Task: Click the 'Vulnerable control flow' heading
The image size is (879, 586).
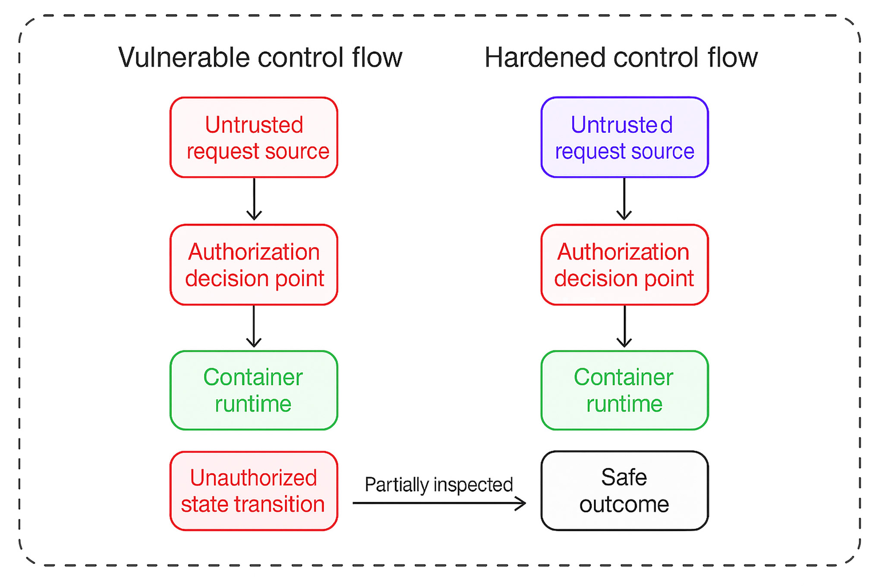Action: [260, 57]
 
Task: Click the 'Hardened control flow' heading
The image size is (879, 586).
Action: [621, 57]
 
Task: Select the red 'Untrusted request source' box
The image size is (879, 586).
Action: [254, 137]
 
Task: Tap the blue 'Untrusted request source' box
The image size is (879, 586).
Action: [624, 137]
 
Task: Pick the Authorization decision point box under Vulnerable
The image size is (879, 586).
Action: [254, 265]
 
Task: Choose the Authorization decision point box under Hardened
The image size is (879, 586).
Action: [624, 265]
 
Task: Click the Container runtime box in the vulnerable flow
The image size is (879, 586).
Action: [254, 390]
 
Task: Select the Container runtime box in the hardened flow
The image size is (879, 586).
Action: [624, 390]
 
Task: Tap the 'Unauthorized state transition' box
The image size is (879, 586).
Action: [254, 491]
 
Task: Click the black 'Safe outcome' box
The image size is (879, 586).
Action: [624, 491]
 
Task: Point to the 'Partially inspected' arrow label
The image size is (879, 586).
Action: [438, 485]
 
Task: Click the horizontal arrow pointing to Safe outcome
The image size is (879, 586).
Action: [438, 503]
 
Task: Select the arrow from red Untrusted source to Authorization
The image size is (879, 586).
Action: [254, 199]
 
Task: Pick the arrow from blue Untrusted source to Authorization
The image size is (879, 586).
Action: [624, 199]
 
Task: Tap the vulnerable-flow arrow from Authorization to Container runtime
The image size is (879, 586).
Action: [254, 326]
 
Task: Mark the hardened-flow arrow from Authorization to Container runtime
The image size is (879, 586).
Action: [624, 326]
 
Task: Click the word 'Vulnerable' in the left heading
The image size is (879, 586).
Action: [184, 57]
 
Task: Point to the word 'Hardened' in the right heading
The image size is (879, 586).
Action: [545, 57]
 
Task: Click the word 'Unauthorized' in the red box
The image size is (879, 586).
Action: [254, 478]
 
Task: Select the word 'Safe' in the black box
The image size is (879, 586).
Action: [624, 477]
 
